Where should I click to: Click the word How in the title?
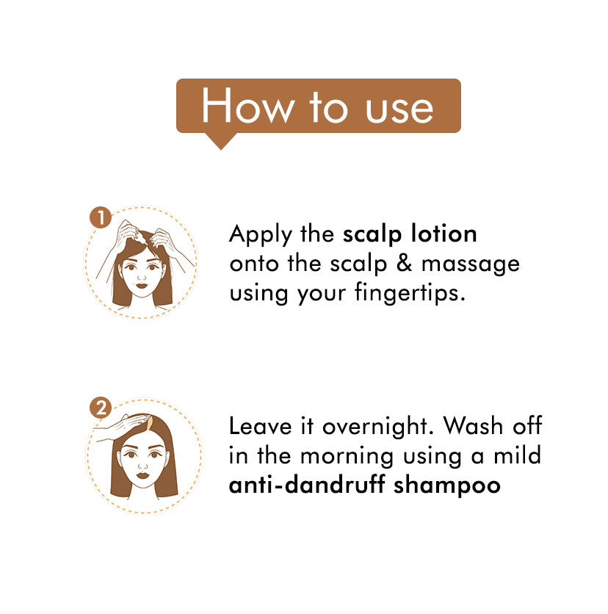(x=247, y=105)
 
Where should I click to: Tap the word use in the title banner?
(x=399, y=109)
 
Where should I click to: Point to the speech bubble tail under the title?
(x=221, y=141)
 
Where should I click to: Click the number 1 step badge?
(x=101, y=217)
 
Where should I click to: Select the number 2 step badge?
(x=101, y=408)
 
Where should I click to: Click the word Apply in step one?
(x=261, y=234)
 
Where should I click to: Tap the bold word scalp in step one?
(x=372, y=234)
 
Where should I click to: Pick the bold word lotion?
(x=444, y=234)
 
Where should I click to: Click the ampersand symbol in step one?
(x=404, y=263)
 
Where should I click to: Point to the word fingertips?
(x=410, y=293)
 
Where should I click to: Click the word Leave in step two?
(x=260, y=426)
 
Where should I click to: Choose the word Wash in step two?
(x=474, y=426)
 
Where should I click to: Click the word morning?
(x=347, y=458)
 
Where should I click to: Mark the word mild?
(x=517, y=455)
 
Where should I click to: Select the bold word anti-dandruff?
(x=306, y=485)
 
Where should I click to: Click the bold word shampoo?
(x=446, y=486)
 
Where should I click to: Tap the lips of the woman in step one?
(x=141, y=285)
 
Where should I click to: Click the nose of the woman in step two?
(x=142, y=466)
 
